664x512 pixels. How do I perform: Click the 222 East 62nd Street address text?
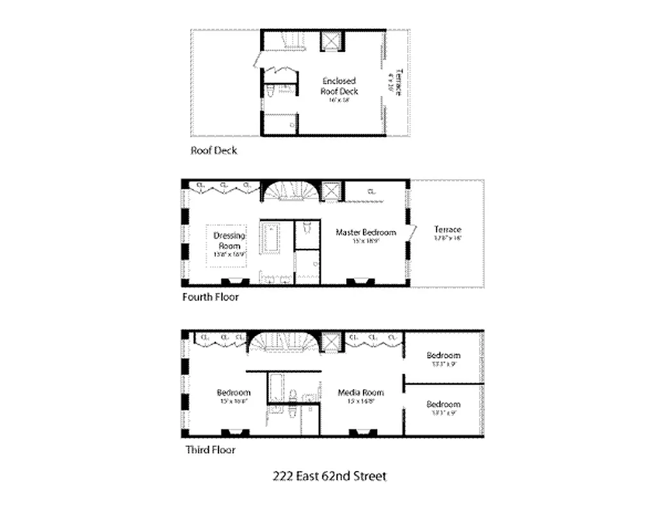tap(330, 476)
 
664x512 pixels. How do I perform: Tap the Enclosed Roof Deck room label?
tap(339, 86)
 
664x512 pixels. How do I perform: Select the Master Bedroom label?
tap(366, 232)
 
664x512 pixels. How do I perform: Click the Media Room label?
tap(360, 392)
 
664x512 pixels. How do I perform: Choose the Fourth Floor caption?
tap(210, 297)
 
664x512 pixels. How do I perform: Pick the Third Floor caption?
tap(210, 450)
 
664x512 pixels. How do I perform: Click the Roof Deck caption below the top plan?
tap(213, 150)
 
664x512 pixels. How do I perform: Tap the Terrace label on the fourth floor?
tap(447, 229)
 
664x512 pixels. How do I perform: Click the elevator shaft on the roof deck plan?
tap(331, 41)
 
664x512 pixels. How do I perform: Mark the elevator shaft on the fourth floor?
tap(332, 192)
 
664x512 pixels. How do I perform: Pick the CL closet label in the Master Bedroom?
tap(372, 190)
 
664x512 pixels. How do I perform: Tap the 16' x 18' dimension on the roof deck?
tap(339, 100)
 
